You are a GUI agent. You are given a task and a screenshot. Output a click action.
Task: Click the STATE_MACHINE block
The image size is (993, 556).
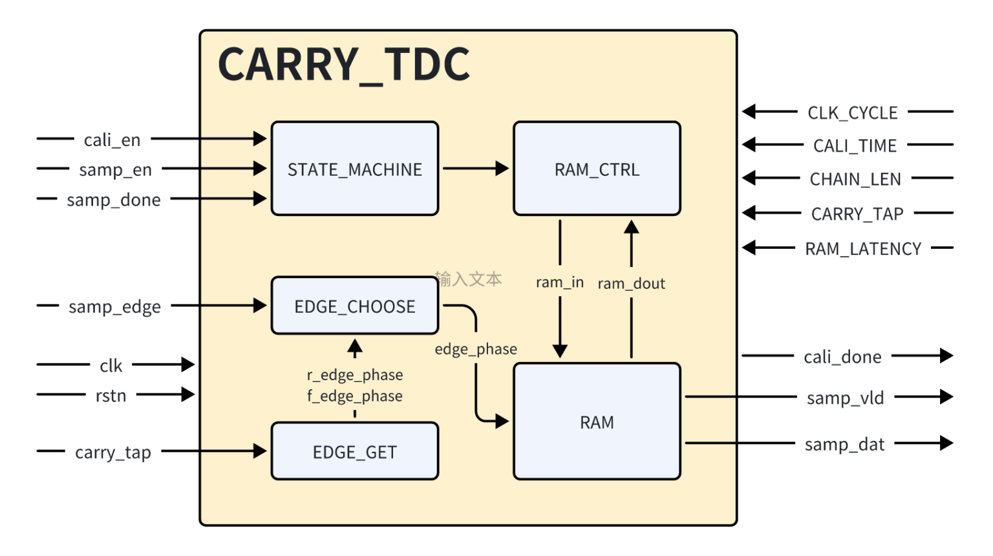click(354, 169)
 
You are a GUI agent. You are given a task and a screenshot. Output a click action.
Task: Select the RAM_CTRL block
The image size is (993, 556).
click(597, 169)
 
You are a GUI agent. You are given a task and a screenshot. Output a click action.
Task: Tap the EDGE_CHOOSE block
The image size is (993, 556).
click(354, 306)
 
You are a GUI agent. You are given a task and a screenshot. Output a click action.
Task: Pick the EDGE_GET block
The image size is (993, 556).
click(354, 452)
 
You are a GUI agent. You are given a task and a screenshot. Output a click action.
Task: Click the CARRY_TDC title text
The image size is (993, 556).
click(344, 65)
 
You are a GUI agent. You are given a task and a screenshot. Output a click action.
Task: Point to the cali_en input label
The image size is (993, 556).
click(112, 140)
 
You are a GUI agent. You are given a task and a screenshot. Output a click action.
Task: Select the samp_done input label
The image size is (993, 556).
click(114, 200)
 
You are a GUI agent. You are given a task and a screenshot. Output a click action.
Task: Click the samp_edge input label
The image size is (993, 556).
click(114, 306)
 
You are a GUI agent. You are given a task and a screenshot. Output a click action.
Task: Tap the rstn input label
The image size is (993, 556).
click(111, 395)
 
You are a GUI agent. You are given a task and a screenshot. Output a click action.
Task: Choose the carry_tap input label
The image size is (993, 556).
click(113, 452)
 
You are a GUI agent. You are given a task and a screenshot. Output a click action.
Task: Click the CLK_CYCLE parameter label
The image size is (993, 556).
click(852, 113)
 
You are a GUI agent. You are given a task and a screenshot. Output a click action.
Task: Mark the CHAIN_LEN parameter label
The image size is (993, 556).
click(855, 179)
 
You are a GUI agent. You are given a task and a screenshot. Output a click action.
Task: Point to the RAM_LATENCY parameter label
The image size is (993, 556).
click(862, 249)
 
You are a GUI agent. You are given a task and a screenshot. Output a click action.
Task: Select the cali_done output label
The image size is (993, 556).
click(842, 357)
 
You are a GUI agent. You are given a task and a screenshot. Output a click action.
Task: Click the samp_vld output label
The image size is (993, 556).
click(845, 398)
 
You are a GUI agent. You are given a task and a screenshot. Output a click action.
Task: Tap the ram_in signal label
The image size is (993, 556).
click(559, 283)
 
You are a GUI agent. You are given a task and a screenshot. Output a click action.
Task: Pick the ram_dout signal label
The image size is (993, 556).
click(631, 283)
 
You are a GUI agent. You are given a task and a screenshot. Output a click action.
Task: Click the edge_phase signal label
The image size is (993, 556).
click(475, 349)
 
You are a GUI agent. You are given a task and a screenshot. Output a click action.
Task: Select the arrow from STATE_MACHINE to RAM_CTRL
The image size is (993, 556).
click(475, 169)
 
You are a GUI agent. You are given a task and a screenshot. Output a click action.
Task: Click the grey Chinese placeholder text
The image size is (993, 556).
click(469, 279)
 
